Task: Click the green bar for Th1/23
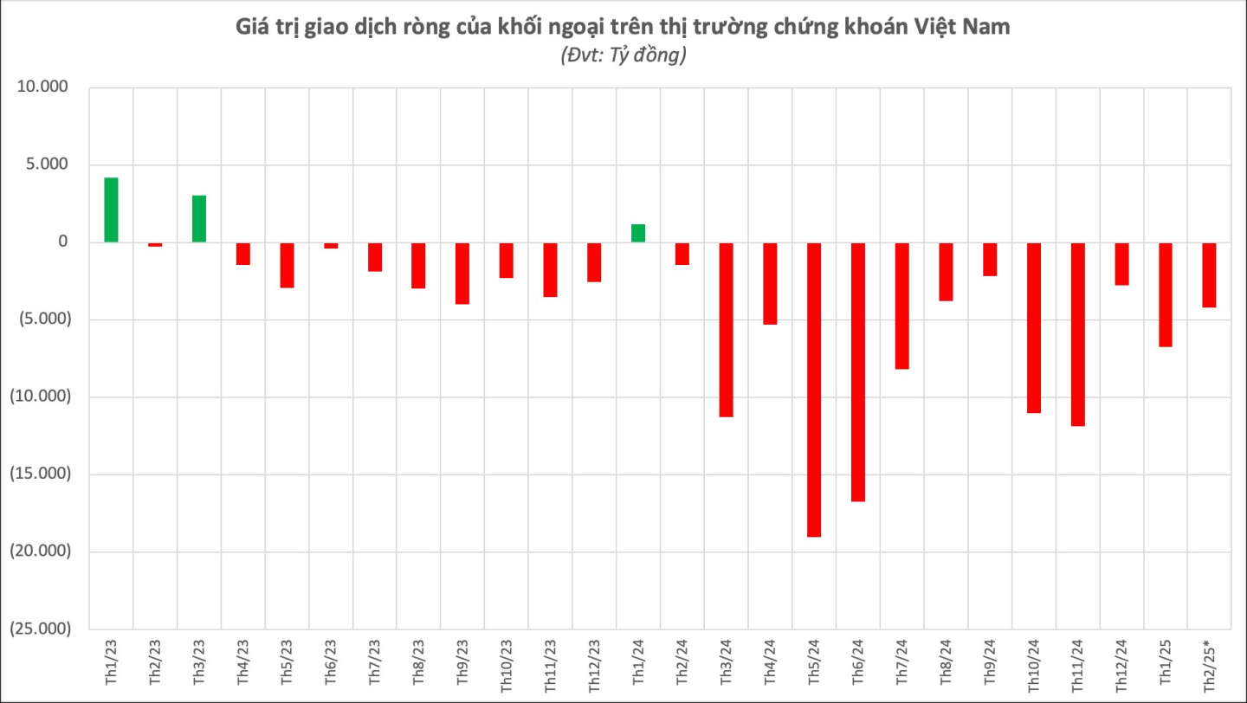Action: click(111, 210)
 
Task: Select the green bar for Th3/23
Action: click(199, 219)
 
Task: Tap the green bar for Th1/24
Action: click(638, 233)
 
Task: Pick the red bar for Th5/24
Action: click(814, 390)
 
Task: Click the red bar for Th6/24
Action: click(858, 372)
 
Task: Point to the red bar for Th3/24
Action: click(726, 330)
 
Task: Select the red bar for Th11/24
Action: click(1077, 334)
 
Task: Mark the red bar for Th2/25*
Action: click(1209, 275)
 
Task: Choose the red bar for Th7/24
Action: click(901, 306)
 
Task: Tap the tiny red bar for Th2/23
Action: click(155, 245)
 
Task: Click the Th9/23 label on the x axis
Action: click(462, 664)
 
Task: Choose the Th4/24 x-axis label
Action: click(770, 664)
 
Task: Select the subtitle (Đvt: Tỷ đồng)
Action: click(623, 56)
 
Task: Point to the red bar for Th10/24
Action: click(1033, 328)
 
